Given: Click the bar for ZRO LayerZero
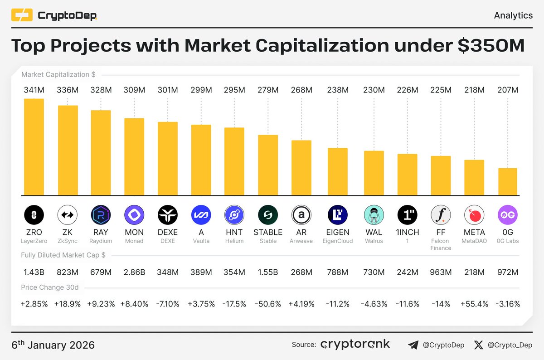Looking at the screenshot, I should pos(34,147).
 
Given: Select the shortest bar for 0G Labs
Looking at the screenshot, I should pos(507,182).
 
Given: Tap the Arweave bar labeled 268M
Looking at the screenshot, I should pos(301,168).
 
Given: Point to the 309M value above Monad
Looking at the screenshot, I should pos(134,90).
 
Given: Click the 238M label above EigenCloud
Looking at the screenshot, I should pos(338,90).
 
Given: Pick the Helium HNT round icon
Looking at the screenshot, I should pos(234,215).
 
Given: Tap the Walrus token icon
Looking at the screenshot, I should pos(374,215).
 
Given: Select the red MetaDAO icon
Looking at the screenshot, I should pos(474,215).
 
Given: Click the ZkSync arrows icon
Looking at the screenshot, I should pos(67,215).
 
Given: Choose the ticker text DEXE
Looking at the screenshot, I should pos(168,232).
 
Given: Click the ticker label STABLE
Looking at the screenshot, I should pos(268,232).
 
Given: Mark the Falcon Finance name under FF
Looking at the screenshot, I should pos(441,244).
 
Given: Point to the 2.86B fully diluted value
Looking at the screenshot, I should pos(134,272).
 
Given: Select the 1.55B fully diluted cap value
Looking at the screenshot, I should pos(268,272).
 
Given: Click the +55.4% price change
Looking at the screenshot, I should pos(474,304).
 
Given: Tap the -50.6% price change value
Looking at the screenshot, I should pos(268,304).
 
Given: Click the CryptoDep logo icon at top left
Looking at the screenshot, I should pos(22,16).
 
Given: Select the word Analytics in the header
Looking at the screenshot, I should pos(513,15).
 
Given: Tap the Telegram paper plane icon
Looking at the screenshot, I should pos(413,345).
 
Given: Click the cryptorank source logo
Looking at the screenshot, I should pos(355,345).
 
